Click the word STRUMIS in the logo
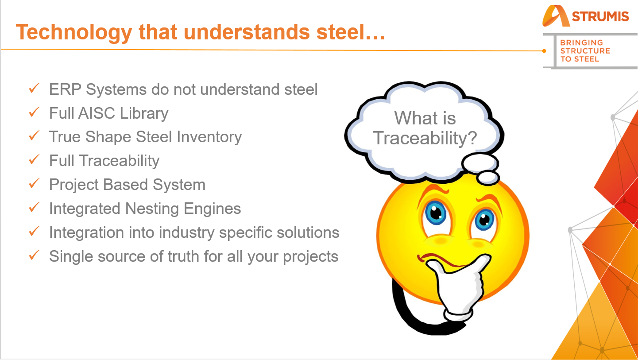600,16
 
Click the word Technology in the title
74,32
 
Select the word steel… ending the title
351,31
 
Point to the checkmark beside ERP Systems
34,88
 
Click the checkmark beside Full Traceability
34,159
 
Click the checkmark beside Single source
34,255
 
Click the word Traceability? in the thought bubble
425,139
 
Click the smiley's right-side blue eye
484,220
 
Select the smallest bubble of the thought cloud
488,178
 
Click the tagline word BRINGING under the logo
582,43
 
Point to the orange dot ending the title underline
544,51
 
